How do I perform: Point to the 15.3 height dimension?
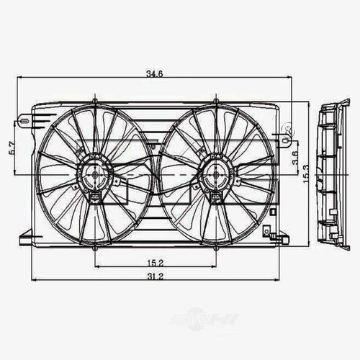click(307, 174)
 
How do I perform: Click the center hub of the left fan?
click(94, 174)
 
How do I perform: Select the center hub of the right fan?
click(215, 174)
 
